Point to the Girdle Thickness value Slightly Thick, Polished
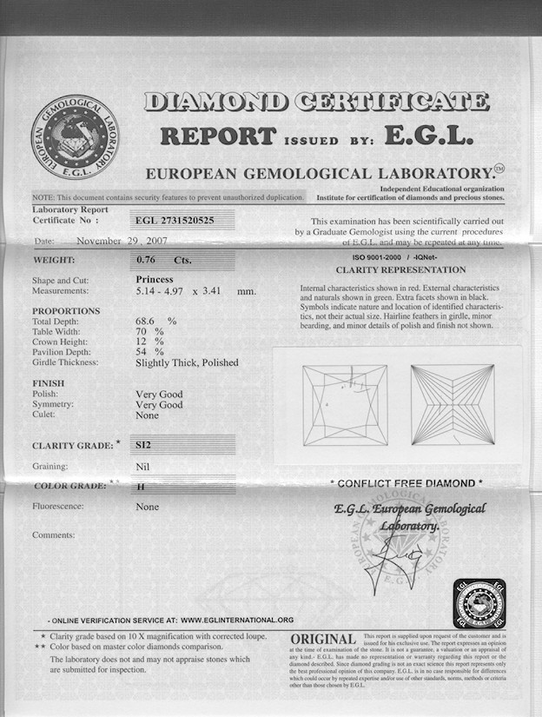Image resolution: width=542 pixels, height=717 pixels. pos(187,362)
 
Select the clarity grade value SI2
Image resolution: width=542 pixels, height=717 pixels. pos(143,444)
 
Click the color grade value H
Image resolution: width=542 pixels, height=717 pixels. pos(141,487)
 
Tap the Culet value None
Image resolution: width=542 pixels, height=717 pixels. pos(148,415)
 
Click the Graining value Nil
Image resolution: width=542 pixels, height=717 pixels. pos(143,467)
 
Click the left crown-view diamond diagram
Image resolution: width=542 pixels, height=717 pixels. pos(345,405)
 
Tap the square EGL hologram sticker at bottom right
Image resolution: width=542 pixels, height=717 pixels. pos(479,606)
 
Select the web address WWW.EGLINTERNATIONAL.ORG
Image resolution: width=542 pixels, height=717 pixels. pos(238,621)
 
